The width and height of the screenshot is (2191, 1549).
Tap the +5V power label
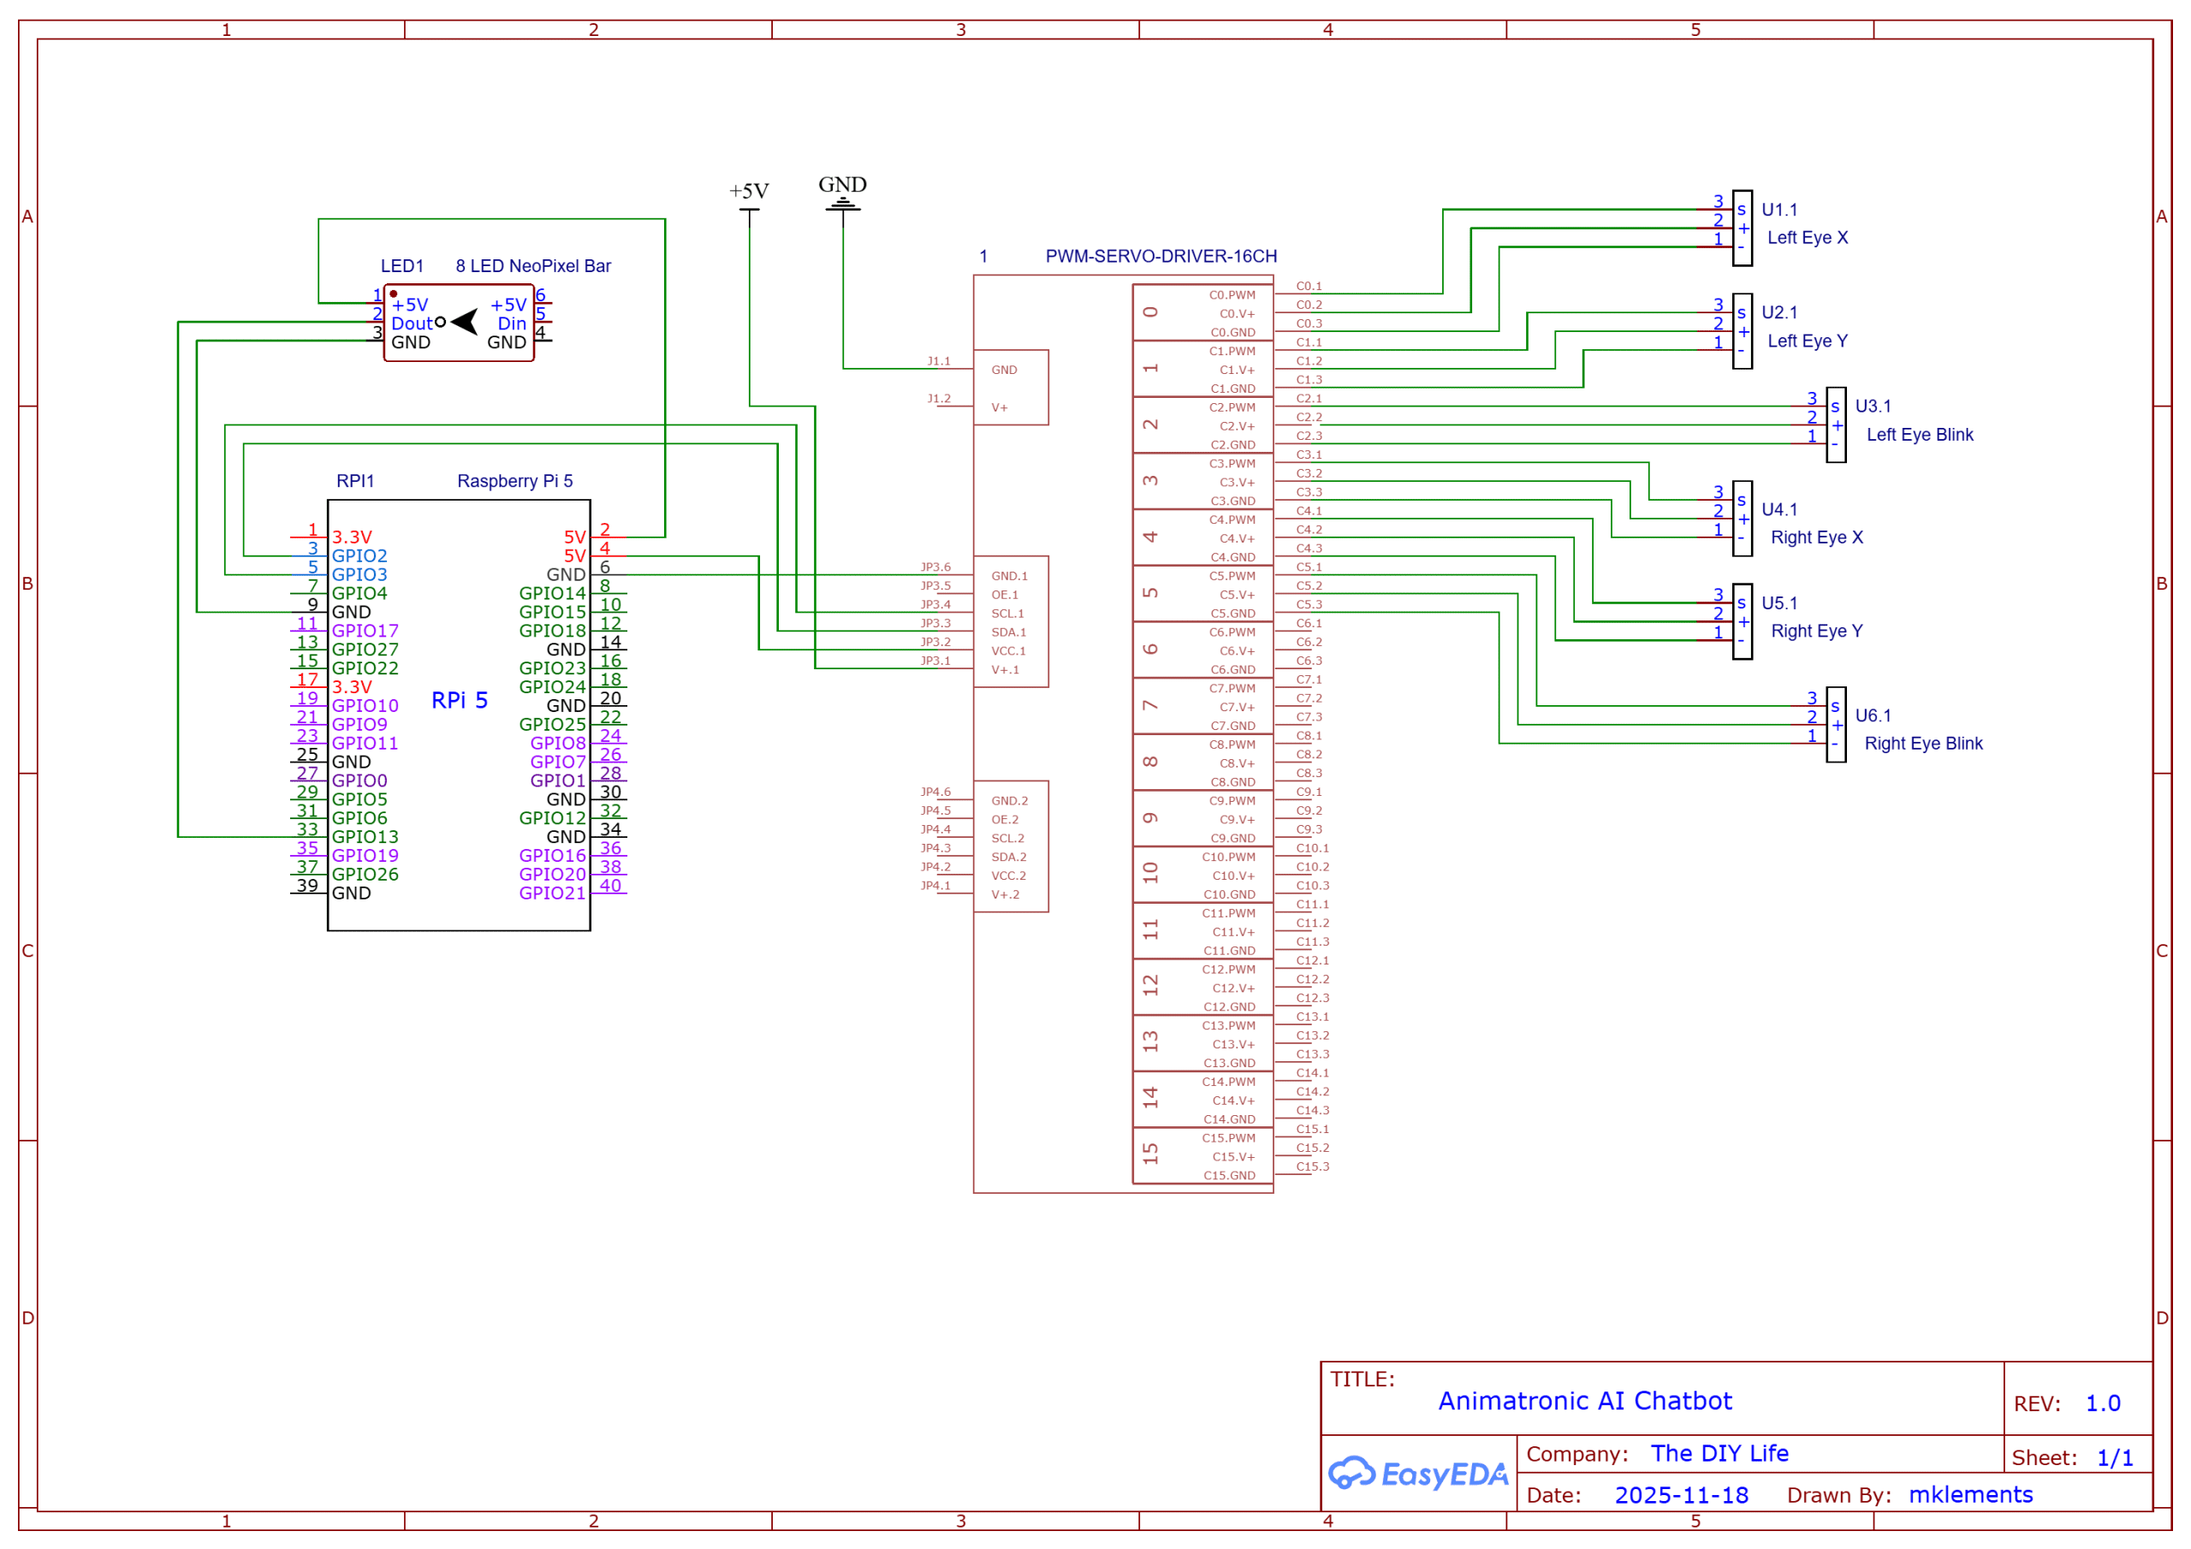[748, 191]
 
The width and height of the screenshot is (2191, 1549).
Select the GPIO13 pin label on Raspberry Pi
[365, 837]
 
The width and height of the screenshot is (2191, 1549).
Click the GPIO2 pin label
[359, 555]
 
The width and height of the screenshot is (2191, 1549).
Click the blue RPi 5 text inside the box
[459, 701]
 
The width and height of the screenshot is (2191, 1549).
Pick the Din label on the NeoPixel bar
[512, 323]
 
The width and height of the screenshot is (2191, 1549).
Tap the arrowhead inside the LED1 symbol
[465, 322]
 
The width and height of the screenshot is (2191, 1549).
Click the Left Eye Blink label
[1919, 434]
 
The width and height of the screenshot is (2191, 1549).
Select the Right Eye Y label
[1816, 631]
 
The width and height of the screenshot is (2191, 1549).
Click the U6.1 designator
[1873, 715]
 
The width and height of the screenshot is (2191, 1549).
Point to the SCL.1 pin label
[1006, 614]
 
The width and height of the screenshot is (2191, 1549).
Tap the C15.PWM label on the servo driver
[1228, 1137]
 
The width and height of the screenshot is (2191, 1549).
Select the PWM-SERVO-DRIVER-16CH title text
[1161, 256]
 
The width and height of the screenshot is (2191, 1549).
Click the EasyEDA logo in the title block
[1418, 1474]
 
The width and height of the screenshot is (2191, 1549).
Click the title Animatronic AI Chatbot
[1584, 1400]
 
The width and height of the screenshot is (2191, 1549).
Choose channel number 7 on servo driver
[1151, 705]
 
